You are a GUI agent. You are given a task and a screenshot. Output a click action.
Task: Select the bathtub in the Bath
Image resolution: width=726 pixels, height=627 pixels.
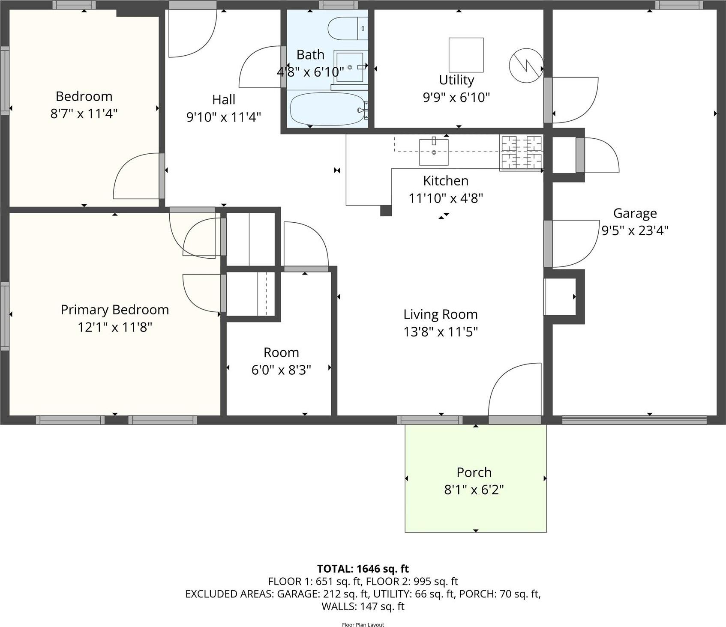coord(328,109)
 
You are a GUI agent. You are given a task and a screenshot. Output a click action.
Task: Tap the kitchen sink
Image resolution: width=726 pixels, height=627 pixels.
coord(434,152)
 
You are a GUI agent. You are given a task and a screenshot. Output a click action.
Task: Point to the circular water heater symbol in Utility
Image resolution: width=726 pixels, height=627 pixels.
coord(526,66)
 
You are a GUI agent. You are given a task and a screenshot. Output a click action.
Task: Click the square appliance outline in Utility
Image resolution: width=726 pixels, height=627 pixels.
coord(466,55)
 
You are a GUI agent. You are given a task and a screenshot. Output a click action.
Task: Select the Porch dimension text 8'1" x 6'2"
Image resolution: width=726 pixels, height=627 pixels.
coord(474,490)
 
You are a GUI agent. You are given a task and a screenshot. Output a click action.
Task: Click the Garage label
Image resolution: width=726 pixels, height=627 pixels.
coord(635,213)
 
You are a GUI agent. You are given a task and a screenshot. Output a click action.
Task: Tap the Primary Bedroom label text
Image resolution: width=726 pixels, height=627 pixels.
coord(114,310)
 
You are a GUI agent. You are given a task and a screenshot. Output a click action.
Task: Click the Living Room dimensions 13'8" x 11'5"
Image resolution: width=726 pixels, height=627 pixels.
coord(440,331)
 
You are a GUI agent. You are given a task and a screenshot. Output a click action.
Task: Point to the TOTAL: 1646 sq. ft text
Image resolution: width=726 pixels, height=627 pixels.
coord(363,569)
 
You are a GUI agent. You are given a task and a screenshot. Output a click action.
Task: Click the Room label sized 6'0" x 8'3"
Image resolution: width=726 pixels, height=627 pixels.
coord(281,352)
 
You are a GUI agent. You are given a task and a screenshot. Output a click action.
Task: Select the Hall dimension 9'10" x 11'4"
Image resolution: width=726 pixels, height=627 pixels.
coord(223,116)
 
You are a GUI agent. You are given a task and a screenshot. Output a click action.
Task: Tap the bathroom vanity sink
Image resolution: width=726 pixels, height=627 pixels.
coord(349,67)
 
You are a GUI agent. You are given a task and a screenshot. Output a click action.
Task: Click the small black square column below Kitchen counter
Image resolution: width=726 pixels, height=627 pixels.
coord(386,210)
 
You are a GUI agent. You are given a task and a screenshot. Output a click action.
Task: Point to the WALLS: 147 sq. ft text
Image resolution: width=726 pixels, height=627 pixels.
coord(363,606)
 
